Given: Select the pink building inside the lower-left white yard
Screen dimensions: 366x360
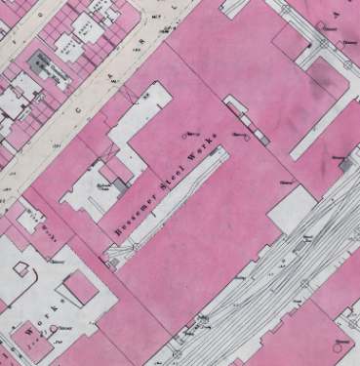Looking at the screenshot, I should (x=79, y=290).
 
